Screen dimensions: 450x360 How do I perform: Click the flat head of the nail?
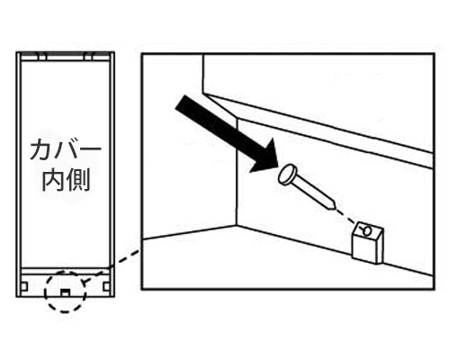point(287,175)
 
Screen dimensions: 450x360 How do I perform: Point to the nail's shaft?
point(311,192)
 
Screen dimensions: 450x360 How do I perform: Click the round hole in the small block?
point(367,230)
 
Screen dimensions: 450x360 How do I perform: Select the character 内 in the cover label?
point(52,181)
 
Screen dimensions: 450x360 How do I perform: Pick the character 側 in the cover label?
point(79,181)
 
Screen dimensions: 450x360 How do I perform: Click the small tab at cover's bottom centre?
point(65,292)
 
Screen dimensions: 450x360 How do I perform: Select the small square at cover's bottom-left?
point(24,286)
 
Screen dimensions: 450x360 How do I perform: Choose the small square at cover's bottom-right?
point(106,286)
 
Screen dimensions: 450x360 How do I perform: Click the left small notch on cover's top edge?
point(41,57)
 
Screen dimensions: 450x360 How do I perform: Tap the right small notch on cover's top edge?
point(88,57)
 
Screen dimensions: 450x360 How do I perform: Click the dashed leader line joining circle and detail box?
point(123,258)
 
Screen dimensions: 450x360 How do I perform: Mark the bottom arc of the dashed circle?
point(65,312)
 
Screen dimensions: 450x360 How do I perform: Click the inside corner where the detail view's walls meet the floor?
point(238,226)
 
